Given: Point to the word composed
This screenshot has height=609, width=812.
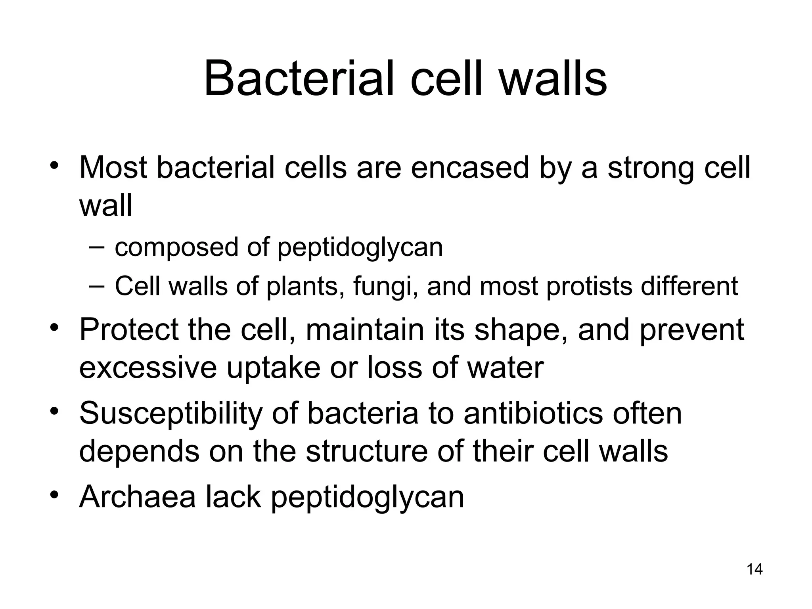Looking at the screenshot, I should coord(176,248).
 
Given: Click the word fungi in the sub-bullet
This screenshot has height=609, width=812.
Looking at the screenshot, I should coord(381,287).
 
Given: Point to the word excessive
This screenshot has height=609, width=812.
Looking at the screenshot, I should coord(148,368).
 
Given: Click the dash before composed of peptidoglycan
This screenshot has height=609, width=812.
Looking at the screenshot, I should coord(97,248).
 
